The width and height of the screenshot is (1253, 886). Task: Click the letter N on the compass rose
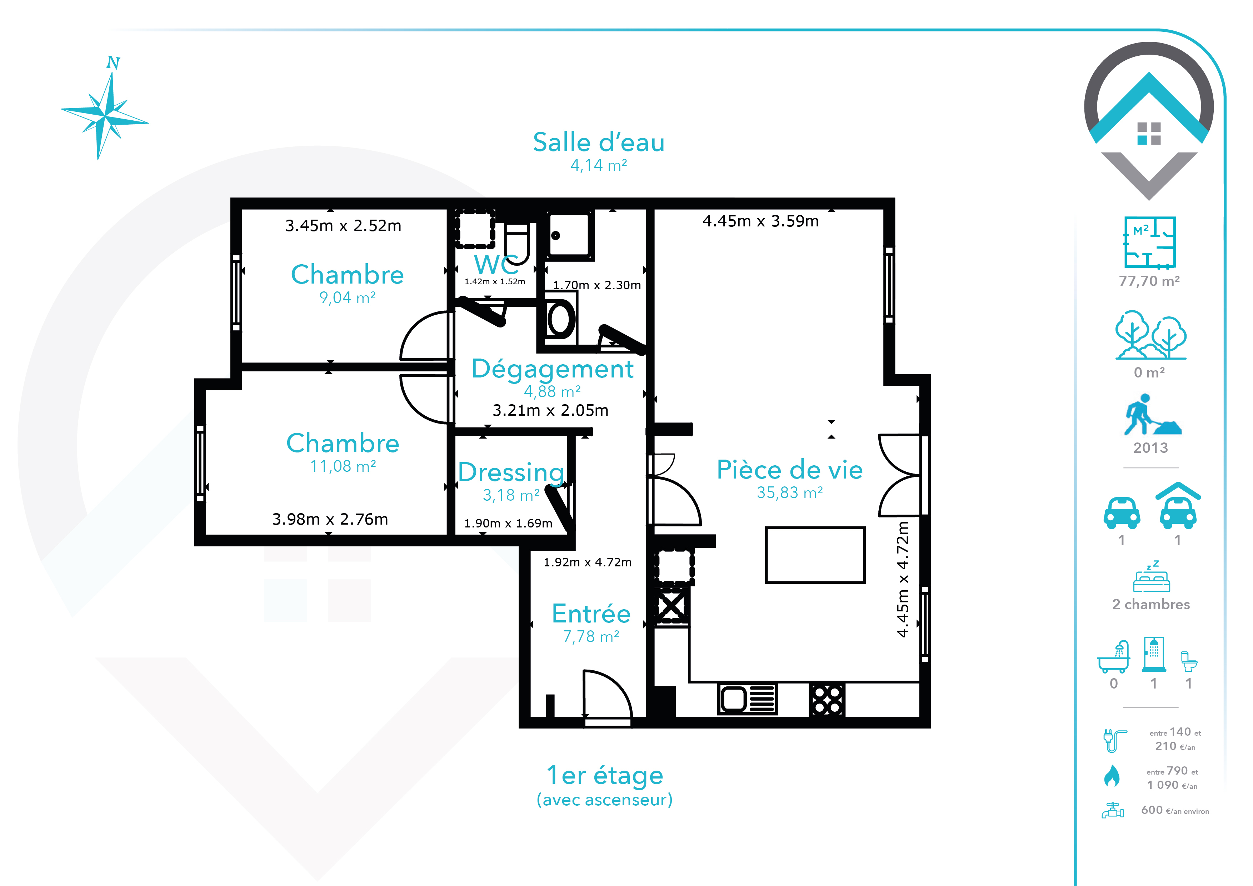coord(113,63)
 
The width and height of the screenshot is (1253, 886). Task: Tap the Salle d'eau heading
coord(599,142)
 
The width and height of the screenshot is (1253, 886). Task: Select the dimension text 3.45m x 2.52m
coord(343,225)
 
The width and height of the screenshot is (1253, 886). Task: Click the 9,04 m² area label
coord(348,297)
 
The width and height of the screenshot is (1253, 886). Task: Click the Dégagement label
coord(552,369)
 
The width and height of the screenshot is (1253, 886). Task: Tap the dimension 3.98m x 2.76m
coord(330,519)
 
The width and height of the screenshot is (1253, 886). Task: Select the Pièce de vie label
coord(790,470)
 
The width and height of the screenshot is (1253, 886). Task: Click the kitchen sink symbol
coord(748,699)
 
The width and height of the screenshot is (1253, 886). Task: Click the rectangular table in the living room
coord(815,555)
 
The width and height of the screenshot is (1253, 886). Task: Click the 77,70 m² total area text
coord(1149,281)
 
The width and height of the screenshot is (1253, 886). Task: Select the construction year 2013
coord(1150,448)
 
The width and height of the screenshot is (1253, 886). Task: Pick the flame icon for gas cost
coord(1112,776)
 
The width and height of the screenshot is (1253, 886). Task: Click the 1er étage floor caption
coord(605,775)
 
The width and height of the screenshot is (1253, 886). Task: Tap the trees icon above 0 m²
coord(1151,335)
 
